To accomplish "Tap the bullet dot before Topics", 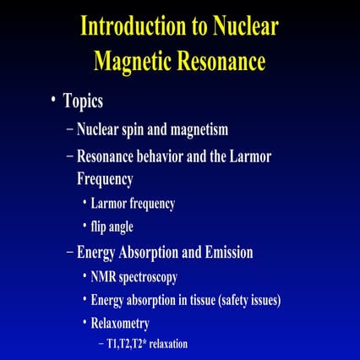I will point(52,100).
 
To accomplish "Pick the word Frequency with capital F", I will point(106,178).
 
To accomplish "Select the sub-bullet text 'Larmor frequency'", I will point(133,204).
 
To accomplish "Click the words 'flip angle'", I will point(113,226).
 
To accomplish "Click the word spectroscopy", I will point(147,277).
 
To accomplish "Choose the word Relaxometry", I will point(121,324).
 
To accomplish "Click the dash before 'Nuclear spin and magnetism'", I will point(69,130).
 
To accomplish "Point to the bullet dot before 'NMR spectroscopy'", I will point(85,276).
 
